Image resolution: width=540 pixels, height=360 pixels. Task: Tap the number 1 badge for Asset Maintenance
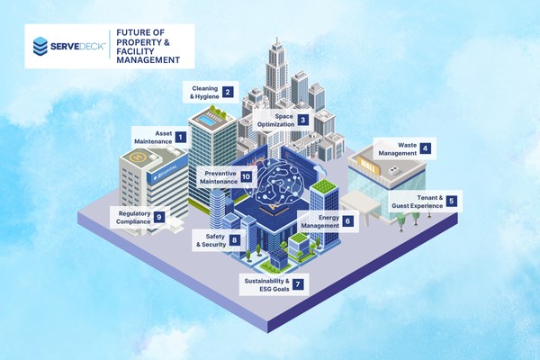[x=180, y=138]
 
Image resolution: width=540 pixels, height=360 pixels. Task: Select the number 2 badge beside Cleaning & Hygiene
[x=228, y=91]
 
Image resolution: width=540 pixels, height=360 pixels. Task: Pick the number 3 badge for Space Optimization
[x=303, y=119]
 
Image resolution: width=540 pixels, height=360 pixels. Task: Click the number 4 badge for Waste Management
[x=425, y=148]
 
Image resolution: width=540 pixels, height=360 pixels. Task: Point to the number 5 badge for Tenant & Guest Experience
[x=451, y=202]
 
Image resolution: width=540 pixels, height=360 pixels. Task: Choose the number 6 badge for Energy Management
[x=347, y=220]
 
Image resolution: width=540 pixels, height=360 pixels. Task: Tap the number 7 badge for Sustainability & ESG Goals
[x=298, y=284]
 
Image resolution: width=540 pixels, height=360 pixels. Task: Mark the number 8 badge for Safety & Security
[x=235, y=240]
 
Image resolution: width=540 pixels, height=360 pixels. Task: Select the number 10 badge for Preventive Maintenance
[x=246, y=177]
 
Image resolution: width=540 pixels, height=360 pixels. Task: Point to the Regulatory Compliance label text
[x=130, y=217]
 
